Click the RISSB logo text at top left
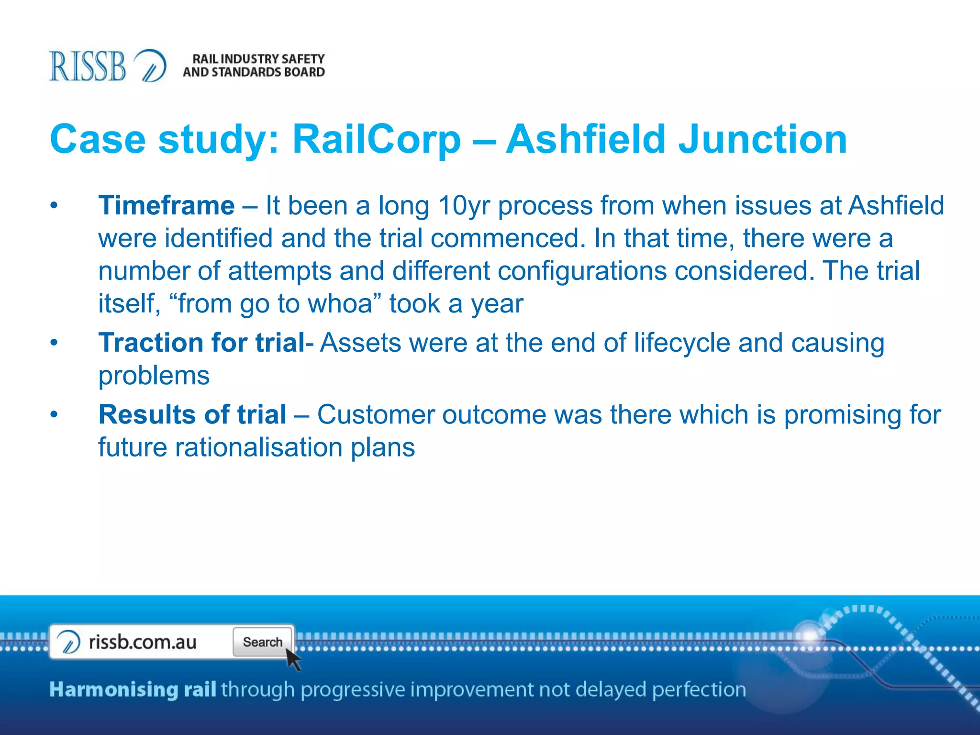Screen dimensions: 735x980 pyautogui.click(x=87, y=66)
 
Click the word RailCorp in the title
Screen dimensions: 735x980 pyautogui.click(x=377, y=139)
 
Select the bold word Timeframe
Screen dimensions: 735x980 pyautogui.click(x=167, y=206)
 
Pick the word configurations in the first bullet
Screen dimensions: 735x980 pyautogui.click(x=582, y=271)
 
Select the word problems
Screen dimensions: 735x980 pyautogui.click(x=154, y=376)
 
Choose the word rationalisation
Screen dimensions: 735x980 pyautogui.click(x=258, y=447)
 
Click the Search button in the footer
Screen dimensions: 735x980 pyautogui.click(x=263, y=642)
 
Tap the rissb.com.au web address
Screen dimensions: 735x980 pyautogui.click(x=143, y=642)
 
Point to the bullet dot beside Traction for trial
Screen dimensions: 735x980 pyautogui.click(x=54, y=343)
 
